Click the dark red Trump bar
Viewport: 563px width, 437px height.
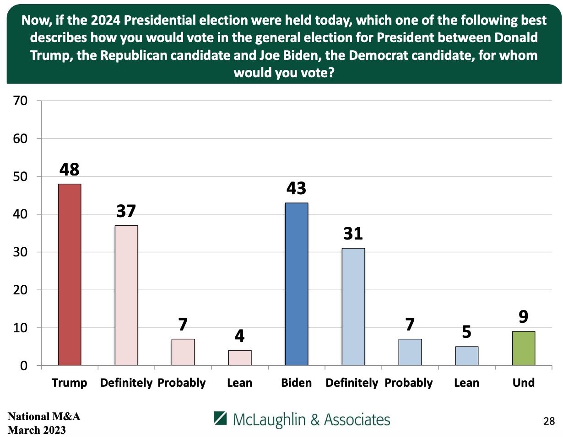(70, 274)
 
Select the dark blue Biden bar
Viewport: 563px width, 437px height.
(296, 284)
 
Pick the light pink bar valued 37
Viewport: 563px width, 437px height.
(126, 295)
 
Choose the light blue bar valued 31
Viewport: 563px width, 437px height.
(353, 307)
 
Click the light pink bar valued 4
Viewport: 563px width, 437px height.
(239, 358)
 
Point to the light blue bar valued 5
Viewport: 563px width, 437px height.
(466, 356)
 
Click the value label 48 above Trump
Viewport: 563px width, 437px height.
(70, 170)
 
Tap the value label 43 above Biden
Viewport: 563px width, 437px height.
(296, 188)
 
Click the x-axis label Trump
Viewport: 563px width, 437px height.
(70, 383)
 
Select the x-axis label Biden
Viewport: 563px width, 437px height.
(296, 383)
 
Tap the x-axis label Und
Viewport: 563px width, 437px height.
(523, 383)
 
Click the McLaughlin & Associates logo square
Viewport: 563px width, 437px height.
(221, 418)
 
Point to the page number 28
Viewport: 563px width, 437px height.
(549, 421)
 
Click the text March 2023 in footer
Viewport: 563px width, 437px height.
(37, 430)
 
